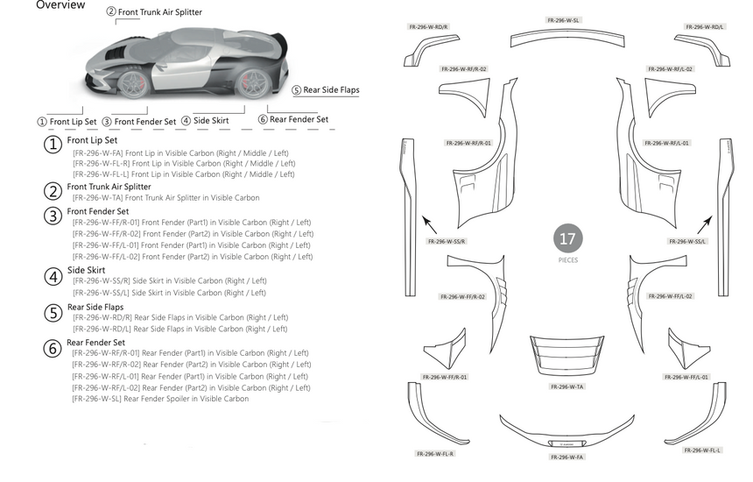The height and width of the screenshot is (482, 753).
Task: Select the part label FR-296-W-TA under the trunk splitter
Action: [567, 386]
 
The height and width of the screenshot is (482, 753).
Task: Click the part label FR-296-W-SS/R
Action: [447, 241]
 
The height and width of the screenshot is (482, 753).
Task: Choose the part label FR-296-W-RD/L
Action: [705, 27]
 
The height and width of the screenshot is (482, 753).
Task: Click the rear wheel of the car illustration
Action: [253, 82]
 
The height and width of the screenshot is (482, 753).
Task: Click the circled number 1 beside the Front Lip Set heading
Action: [53, 144]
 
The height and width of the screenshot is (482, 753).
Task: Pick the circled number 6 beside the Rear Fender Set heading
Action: [53, 348]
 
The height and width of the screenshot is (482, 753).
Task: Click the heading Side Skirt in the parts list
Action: [87, 270]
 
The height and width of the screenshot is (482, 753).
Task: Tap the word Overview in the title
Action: [60, 5]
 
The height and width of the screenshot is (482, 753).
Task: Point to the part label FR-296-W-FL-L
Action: [701, 450]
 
